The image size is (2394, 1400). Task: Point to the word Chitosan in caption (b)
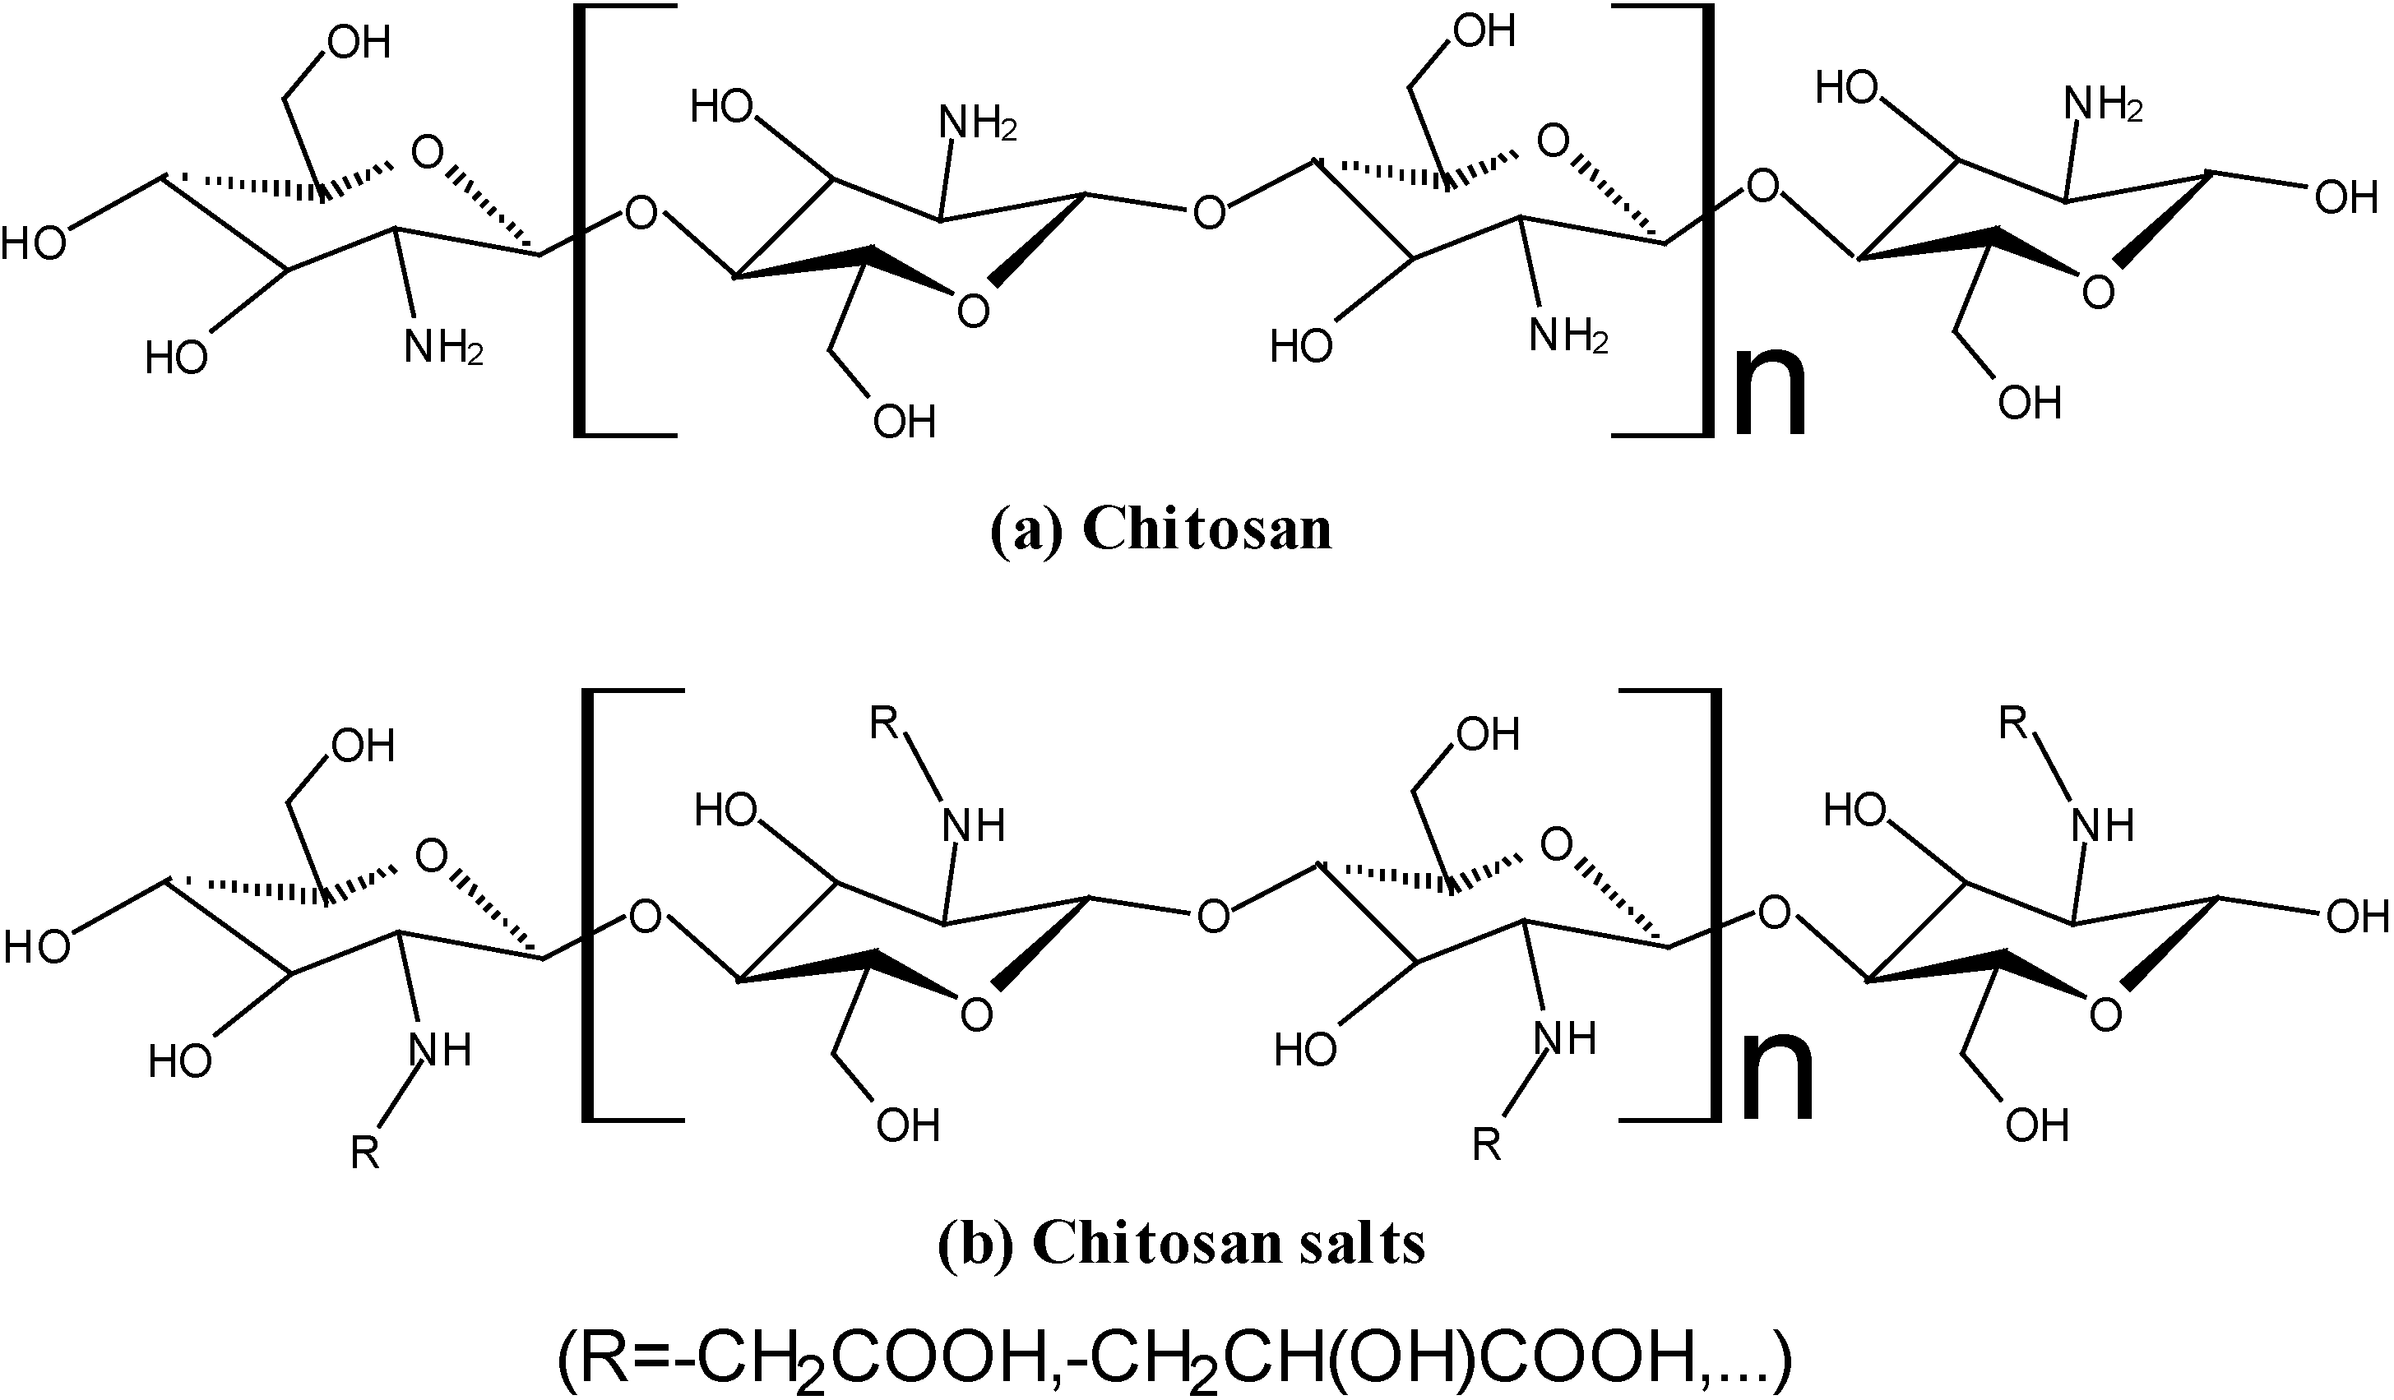tap(1157, 1241)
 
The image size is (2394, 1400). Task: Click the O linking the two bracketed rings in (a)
tap(1208, 213)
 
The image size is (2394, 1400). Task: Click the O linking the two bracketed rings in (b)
tap(1213, 916)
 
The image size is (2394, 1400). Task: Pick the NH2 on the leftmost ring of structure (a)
tap(443, 349)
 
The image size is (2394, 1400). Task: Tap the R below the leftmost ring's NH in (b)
tap(366, 1153)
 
